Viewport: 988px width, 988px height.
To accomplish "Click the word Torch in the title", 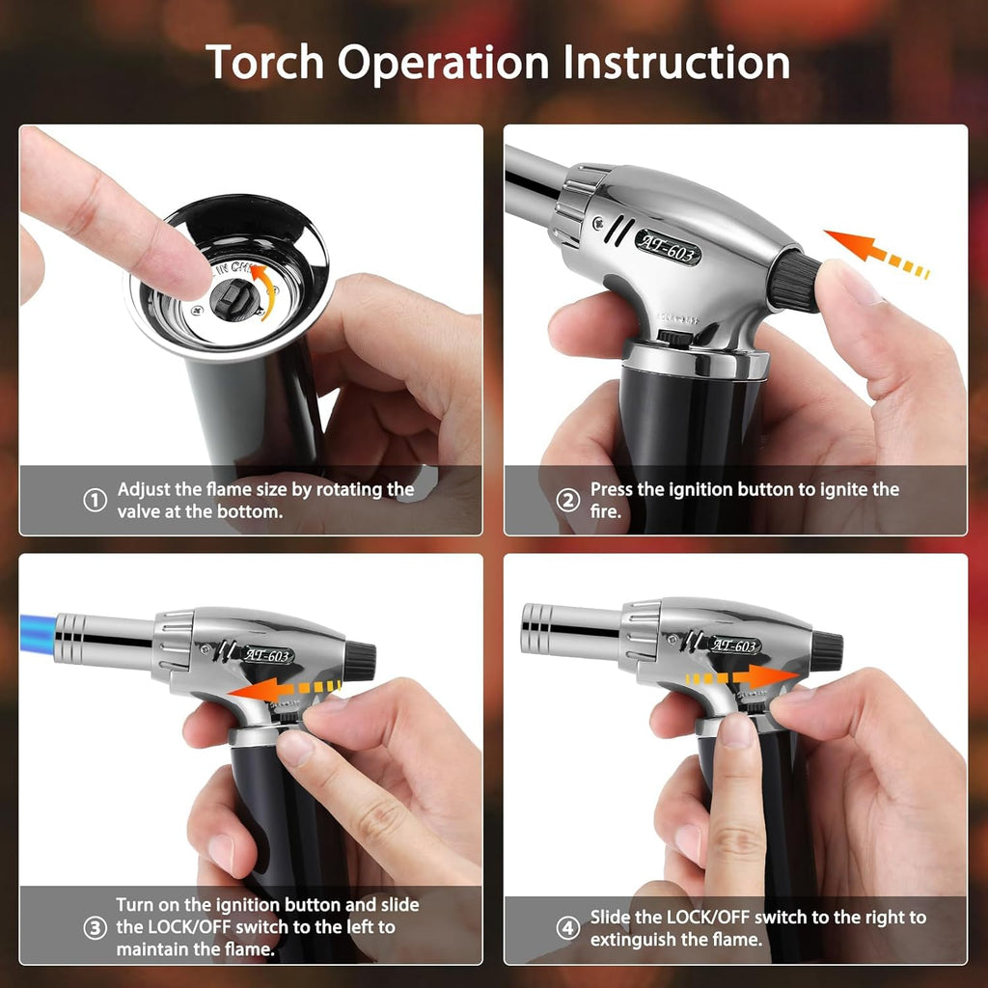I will (264, 62).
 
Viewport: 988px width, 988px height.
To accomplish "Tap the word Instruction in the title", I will (676, 62).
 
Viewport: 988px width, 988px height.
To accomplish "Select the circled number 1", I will (95, 501).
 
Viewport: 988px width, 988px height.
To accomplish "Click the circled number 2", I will (569, 501).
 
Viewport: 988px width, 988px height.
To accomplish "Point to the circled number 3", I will (95, 928).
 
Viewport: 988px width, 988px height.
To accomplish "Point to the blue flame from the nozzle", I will (37, 638).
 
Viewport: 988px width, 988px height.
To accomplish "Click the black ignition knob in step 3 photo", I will (359, 661).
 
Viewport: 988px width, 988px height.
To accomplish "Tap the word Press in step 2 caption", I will (613, 490).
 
